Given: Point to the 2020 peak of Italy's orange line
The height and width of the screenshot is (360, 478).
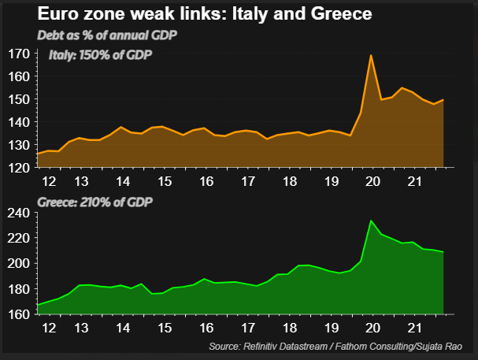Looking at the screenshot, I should coord(370,55).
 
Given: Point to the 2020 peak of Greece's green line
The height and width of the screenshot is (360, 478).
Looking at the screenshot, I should coord(370,221).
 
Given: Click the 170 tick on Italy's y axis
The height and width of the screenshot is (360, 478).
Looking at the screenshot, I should coord(20,54).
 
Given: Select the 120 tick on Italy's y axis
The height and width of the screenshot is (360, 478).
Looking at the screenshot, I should coord(20,168).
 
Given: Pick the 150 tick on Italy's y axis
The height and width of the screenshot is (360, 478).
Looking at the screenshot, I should coord(20,100).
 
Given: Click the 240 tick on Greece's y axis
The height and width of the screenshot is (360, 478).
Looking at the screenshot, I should coord(20,213).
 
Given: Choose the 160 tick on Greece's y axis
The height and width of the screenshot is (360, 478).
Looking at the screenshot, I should coord(20,314).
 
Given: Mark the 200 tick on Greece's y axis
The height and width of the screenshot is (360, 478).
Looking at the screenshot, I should coord(20,263).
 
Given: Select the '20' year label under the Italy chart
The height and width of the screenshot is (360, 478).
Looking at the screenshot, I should coord(370,180).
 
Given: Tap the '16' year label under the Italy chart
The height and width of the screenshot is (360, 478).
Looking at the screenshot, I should coord(206,180).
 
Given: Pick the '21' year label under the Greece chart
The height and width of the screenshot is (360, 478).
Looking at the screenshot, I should coord(410,325).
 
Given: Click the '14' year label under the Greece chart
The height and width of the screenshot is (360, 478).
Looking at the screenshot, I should coord(124,325).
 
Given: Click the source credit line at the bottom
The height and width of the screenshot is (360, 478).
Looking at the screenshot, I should coord(343,347).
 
